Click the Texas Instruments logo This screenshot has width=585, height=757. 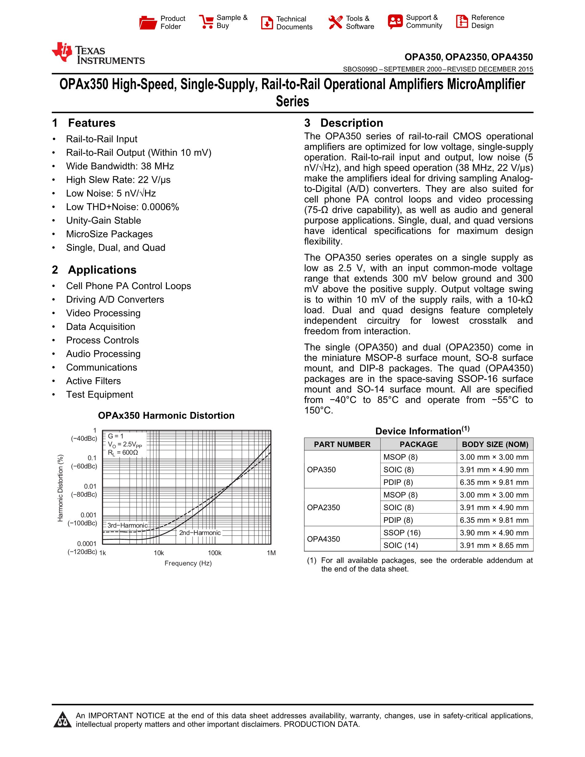[98, 54]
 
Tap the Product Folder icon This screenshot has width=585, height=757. [148, 22]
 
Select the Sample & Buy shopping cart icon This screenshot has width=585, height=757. [206, 22]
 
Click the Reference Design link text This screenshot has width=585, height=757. [487, 22]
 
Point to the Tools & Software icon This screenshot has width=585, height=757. [335, 22]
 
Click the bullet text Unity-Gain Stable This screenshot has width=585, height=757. [103, 221]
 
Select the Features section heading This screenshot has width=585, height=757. [84, 123]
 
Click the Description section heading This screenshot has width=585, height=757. [344, 123]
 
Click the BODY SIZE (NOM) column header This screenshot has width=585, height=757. [495, 444]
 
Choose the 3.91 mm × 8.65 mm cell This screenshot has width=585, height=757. [494, 545]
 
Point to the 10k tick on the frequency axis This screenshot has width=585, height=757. [159, 553]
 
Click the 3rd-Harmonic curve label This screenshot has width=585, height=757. [127, 525]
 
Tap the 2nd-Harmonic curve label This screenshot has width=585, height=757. [200, 533]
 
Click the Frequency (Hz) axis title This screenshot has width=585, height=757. [188, 563]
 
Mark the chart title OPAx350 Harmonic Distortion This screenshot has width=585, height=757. [166, 416]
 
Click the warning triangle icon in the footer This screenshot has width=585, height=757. [62, 720]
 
